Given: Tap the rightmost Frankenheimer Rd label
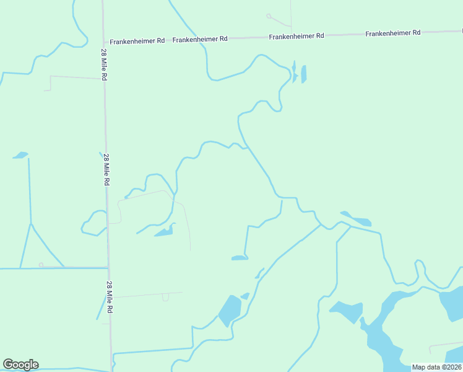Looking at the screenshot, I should (x=393, y=33).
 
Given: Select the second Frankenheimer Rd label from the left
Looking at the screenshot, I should (x=200, y=39).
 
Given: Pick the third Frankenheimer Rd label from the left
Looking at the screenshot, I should (x=296, y=37).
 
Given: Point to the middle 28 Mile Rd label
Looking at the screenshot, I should (x=106, y=170).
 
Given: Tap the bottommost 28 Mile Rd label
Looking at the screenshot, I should (x=110, y=296).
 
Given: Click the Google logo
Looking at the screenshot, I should (x=20, y=365).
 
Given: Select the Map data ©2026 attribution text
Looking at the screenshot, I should (x=436, y=367).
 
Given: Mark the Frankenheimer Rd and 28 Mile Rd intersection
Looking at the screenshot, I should (x=103, y=42).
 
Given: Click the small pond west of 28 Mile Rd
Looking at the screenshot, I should (x=21, y=155).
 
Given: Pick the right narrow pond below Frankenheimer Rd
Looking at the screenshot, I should (x=303, y=74).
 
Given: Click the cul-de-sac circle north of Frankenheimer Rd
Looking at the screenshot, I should (x=269, y=15).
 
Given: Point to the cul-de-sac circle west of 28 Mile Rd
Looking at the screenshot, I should (x=41, y=265).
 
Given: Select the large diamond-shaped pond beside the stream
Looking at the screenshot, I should (x=230, y=309).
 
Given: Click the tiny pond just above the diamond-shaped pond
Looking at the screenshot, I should (x=245, y=296).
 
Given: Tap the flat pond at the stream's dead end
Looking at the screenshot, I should (x=240, y=257).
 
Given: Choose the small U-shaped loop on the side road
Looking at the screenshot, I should (x=165, y=298).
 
